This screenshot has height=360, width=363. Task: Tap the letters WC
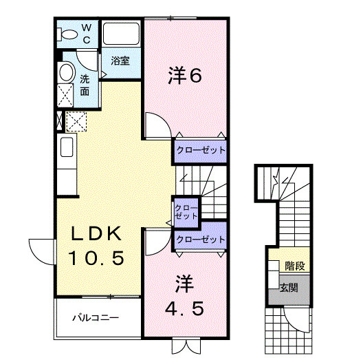coord(87,33)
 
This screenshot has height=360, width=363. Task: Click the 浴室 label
coord(120,61)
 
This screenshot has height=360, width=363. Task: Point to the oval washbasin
coord(67,72)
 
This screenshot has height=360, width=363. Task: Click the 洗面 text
coord(85,84)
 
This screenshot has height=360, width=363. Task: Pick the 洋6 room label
coord(184,76)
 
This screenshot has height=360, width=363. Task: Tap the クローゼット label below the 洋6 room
coord(200,149)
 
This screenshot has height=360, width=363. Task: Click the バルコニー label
coord(97,318)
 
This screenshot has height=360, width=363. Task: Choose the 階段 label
coord(295,264)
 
